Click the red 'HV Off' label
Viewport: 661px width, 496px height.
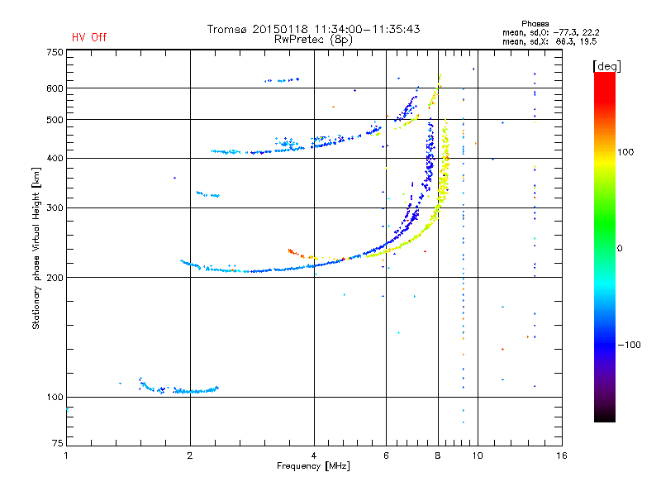pos(89,37)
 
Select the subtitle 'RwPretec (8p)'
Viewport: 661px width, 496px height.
pos(313,40)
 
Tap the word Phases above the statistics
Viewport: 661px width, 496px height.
pos(535,24)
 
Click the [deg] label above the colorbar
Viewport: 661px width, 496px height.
pos(606,66)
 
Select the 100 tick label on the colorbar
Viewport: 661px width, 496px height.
pos(625,152)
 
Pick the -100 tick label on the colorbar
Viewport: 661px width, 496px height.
pos(630,345)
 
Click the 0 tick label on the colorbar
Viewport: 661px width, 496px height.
pos(620,249)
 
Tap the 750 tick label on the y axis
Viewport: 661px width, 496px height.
pos(55,52)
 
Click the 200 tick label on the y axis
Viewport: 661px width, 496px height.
pos(55,278)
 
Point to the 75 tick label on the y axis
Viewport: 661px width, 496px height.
pos(58,443)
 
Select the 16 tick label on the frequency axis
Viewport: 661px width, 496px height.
pos(562,455)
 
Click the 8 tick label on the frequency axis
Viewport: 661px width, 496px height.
pos(438,455)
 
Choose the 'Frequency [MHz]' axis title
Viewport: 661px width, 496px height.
pos(313,466)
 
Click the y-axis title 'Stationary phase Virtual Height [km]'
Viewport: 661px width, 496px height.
pos(36,248)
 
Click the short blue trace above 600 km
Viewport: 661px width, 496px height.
pos(282,79)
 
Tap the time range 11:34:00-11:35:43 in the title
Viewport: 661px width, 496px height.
pos(367,29)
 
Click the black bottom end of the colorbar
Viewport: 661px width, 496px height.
pos(605,418)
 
